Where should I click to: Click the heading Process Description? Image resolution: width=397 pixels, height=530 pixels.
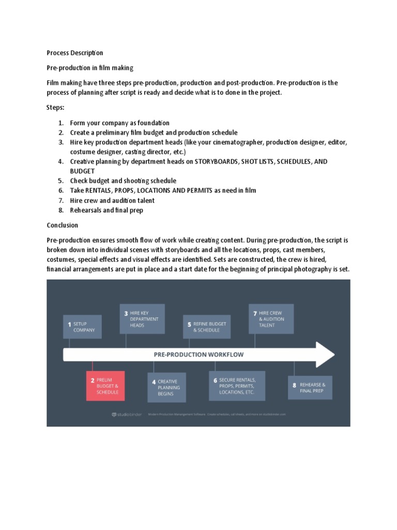(x=74, y=53)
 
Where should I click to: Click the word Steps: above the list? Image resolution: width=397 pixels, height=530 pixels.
(x=56, y=108)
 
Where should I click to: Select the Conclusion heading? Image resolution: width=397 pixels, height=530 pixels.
(x=63, y=225)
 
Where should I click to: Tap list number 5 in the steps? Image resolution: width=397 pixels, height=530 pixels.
(x=60, y=181)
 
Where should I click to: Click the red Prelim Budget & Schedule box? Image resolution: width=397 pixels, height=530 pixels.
(x=105, y=386)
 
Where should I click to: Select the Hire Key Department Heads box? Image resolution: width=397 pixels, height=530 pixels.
(x=142, y=319)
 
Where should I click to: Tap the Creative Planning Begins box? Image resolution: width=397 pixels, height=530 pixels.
(x=166, y=388)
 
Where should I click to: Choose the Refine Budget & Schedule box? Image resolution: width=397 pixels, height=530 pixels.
(x=207, y=327)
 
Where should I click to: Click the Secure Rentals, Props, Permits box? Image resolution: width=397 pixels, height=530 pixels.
(x=237, y=386)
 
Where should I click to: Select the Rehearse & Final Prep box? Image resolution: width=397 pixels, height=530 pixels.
(x=310, y=388)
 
